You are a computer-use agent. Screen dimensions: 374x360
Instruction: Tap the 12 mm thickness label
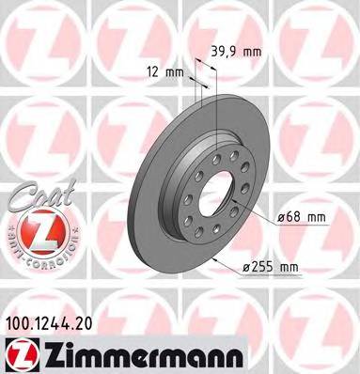coord(165,70)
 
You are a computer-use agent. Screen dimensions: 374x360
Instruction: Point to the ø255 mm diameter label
coord(270,268)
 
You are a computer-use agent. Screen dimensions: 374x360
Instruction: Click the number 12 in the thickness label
coord(152,70)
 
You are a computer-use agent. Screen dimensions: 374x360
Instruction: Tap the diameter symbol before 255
coord(247,269)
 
